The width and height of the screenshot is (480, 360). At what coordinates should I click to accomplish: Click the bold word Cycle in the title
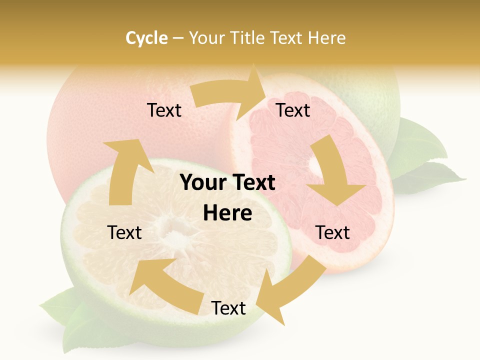[146, 38]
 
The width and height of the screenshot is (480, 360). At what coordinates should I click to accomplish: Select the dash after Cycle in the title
[178, 38]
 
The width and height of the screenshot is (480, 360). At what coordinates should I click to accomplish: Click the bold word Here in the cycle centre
[227, 213]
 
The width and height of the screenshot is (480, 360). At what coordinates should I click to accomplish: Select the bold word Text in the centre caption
[253, 183]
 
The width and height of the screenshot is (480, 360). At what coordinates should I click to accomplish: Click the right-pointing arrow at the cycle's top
[230, 95]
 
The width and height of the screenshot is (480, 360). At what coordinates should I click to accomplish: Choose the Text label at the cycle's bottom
[228, 308]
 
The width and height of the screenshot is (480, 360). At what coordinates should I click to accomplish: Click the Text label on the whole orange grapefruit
[164, 110]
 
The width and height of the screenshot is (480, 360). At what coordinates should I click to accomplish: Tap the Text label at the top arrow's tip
[293, 110]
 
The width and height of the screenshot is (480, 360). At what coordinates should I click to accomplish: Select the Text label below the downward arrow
[332, 232]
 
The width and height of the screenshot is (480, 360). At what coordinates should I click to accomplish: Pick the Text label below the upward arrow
[125, 232]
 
